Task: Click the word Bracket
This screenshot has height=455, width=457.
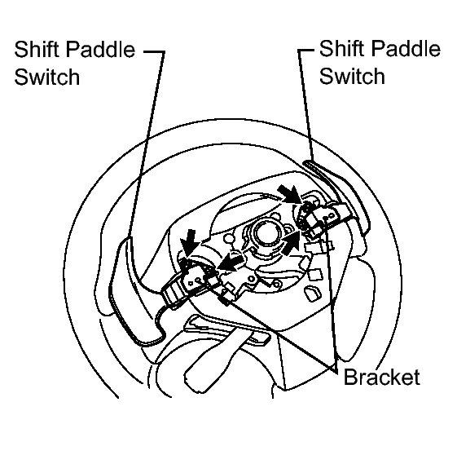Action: point(382,377)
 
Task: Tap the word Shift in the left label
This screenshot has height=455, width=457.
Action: point(37,49)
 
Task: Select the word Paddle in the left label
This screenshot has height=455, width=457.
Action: point(100,49)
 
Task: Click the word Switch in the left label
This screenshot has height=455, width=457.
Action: point(47,77)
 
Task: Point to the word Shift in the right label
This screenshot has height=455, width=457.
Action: point(342,48)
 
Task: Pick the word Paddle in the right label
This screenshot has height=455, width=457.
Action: point(406,48)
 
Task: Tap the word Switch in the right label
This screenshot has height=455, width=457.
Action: point(352,76)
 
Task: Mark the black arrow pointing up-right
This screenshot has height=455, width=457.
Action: point(292,243)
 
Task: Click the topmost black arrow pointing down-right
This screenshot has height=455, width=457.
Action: point(290,194)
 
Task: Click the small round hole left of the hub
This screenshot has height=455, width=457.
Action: point(229,239)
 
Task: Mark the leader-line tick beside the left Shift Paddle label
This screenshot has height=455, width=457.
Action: point(154,52)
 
